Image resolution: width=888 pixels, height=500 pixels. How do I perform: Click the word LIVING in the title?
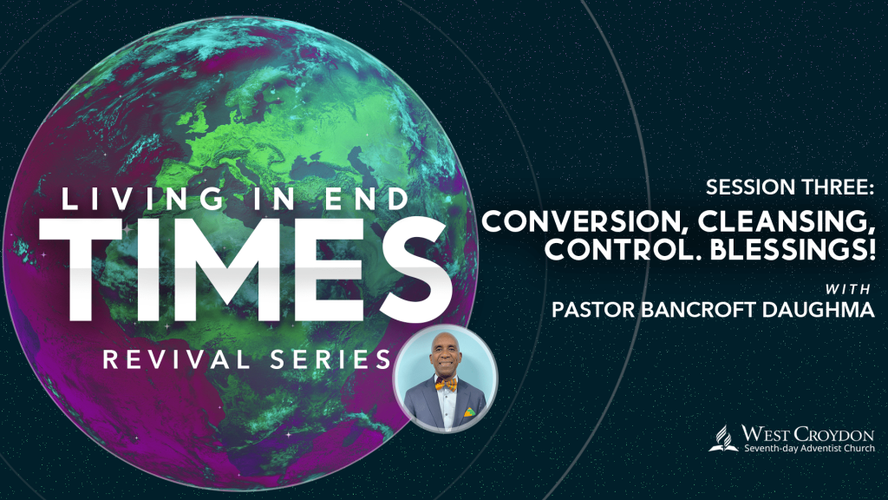142,199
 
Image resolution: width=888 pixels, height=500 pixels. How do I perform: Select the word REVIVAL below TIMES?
177,360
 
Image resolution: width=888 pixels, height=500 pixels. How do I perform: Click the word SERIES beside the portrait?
330,360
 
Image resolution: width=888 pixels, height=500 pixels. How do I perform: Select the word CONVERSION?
585,221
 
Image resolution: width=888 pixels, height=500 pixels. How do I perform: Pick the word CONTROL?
624,249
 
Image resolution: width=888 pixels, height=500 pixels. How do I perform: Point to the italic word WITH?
848,289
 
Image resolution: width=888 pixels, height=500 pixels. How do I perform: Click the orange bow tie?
447,385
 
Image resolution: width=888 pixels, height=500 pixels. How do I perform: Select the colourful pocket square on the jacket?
470,411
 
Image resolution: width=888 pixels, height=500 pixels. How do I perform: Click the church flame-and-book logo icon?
723,438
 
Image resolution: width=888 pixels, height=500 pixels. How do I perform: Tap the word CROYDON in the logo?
833,435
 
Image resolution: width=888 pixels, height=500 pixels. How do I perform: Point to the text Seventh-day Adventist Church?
809,449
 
